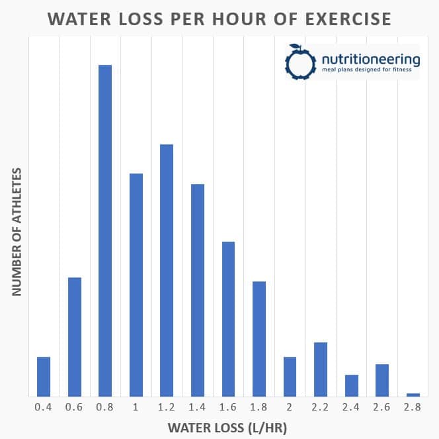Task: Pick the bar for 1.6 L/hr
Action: tap(228, 318)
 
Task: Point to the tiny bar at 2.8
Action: tap(413, 395)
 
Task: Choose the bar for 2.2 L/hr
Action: tap(321, 369)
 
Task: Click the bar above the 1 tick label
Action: tap(136, 285)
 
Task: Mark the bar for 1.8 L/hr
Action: tap(259, 338)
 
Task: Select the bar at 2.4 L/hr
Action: tap(352, 385)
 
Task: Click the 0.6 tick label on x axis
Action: tap(74, 407)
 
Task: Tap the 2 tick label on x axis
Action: tap(290, 407)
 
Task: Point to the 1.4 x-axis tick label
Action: tap(197, 407)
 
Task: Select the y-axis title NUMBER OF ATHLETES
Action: tap(18, 231)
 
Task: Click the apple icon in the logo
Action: tap(296, 60)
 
